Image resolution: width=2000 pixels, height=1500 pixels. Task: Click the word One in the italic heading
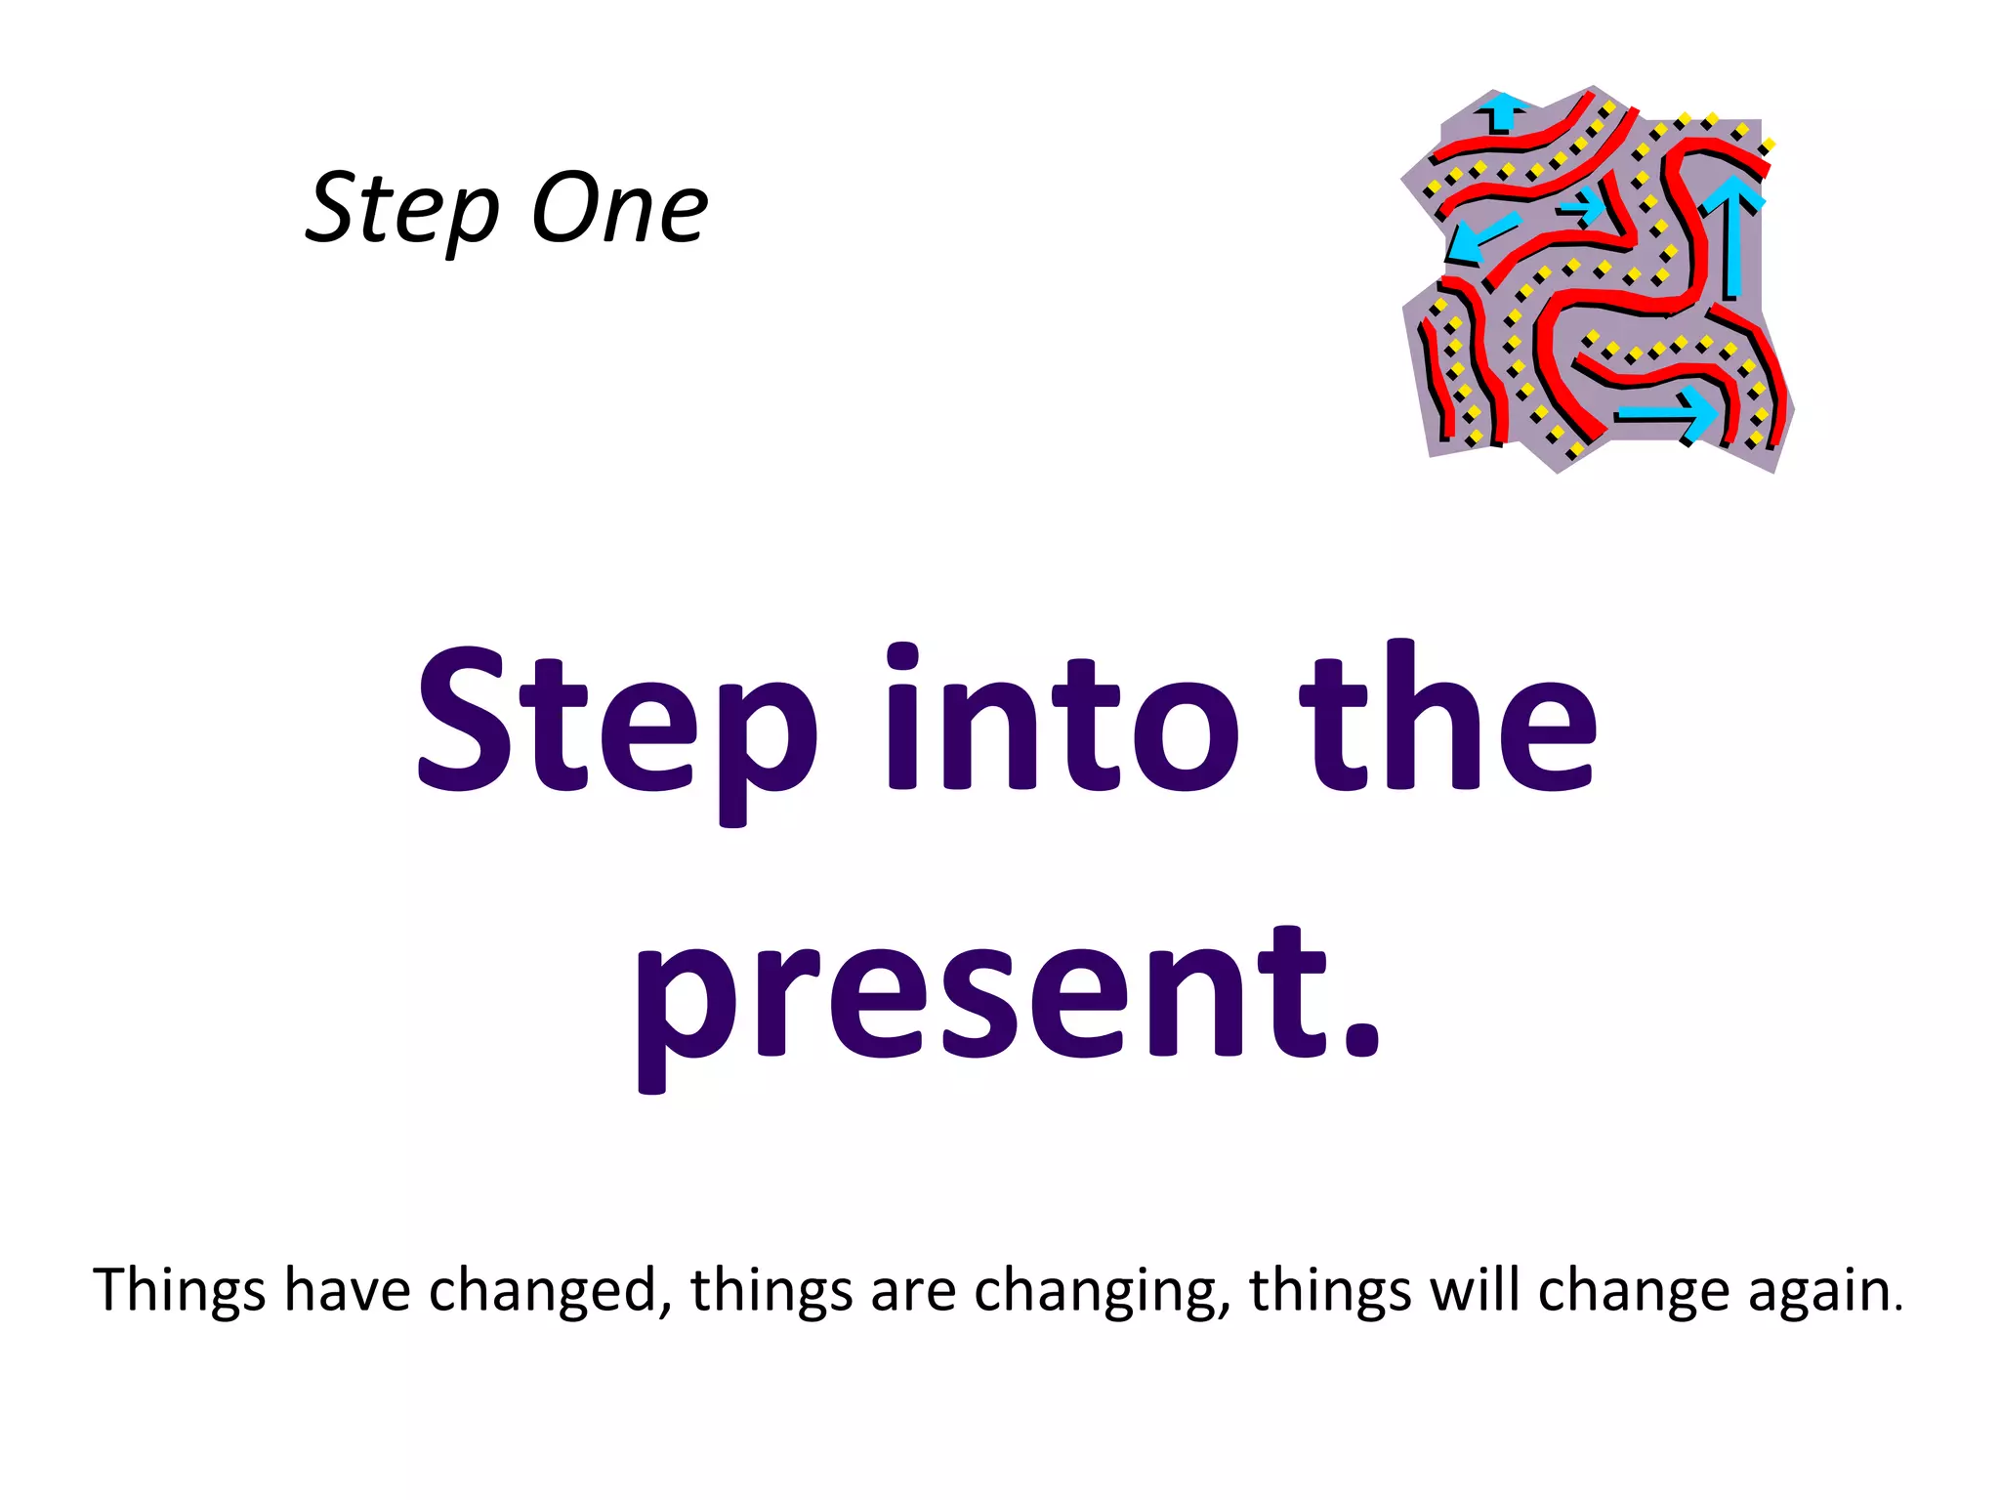coord(619,208)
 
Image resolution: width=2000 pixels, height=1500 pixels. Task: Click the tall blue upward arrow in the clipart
coord(1732,234)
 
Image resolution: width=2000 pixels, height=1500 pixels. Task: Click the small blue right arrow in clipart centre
coord(1581,206)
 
